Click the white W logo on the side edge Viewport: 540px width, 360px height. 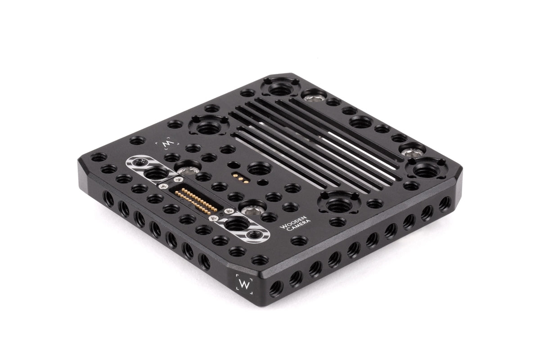(244, 284)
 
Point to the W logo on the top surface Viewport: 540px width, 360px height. (167, 144)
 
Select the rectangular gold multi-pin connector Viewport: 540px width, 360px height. (196, 201)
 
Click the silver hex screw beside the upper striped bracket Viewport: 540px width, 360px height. (187, 171)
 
